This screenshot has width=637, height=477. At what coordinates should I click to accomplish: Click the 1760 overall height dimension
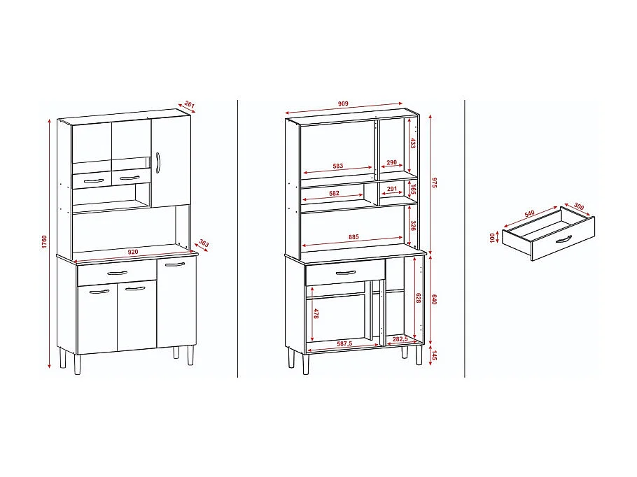[43, 241]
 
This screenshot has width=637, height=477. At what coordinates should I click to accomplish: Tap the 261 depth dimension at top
[188, 105]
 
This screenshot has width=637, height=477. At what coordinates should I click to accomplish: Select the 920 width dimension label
[134, 250]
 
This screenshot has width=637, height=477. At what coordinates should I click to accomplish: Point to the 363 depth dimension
[204, 243]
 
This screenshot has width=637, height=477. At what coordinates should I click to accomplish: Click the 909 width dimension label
[343, 104]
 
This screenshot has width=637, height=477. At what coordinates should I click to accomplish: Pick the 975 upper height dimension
[434, 183]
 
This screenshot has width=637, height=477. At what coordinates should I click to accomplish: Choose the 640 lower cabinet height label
[434, 299]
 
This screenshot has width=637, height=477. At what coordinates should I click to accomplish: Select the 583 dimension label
[338, 166]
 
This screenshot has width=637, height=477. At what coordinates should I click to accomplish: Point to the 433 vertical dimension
[412, 143]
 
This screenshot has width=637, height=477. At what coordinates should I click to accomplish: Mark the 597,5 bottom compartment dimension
[343, 343]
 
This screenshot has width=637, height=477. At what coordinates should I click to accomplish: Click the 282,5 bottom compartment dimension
[400, 339]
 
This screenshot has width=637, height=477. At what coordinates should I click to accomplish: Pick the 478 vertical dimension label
[316, 315]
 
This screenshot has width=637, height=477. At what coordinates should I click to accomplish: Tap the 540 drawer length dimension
[530, 212]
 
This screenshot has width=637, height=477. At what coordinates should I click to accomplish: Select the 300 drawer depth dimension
[578, 206]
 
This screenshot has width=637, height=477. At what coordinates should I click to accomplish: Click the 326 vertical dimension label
[412, 226]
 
